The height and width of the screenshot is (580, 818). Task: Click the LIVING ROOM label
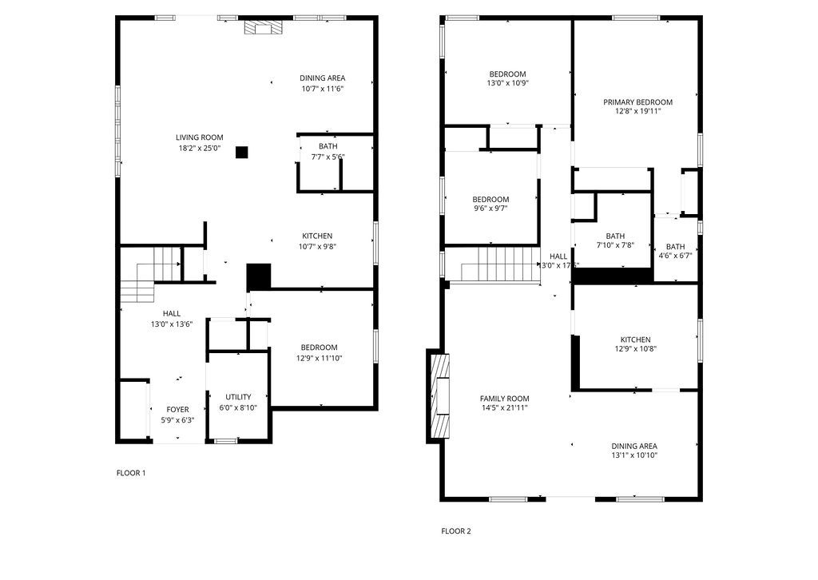coord(199,137)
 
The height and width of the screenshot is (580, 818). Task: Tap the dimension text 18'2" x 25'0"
coord(199,148)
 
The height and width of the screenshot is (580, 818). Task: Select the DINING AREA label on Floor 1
coord(323,77)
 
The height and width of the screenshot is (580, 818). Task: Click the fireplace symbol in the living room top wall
coord(263,28)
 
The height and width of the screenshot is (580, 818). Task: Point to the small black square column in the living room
coord(242,152)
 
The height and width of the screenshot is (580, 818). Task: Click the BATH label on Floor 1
coord(328,146)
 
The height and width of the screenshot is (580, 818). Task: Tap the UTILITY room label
coord(238,397)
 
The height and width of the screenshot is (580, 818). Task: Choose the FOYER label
coord(177,409)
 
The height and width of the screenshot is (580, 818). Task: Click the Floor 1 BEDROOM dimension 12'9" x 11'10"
coord(319,358)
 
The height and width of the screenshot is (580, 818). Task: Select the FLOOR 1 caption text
coord(131,473)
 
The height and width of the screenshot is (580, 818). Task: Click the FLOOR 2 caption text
coord(456,530)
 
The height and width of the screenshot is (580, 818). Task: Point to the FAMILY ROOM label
coord(504,398)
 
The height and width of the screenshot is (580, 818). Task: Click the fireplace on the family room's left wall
coord(440,396)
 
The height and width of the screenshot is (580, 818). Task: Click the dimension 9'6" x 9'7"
coord(490,208)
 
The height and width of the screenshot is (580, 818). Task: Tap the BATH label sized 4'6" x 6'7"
coord(675,247)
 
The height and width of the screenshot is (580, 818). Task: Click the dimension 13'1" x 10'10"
coord(634,455)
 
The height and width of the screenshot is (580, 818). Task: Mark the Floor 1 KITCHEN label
coord(317,236)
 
